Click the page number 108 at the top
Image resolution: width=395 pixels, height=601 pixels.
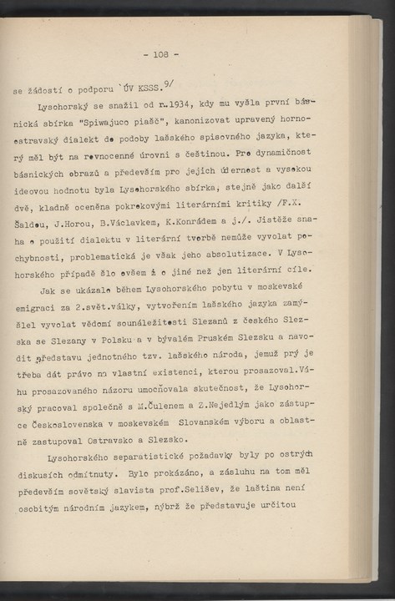tap(160, 54)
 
